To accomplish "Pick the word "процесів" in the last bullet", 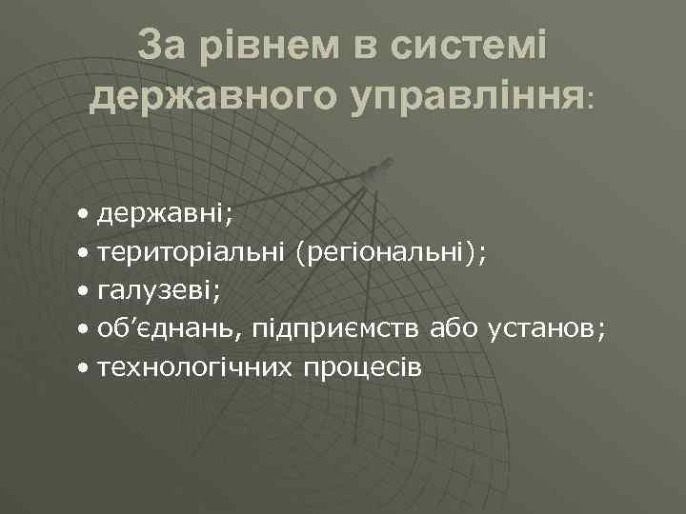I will click(361, 367).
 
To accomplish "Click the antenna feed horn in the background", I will click(378, 171).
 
